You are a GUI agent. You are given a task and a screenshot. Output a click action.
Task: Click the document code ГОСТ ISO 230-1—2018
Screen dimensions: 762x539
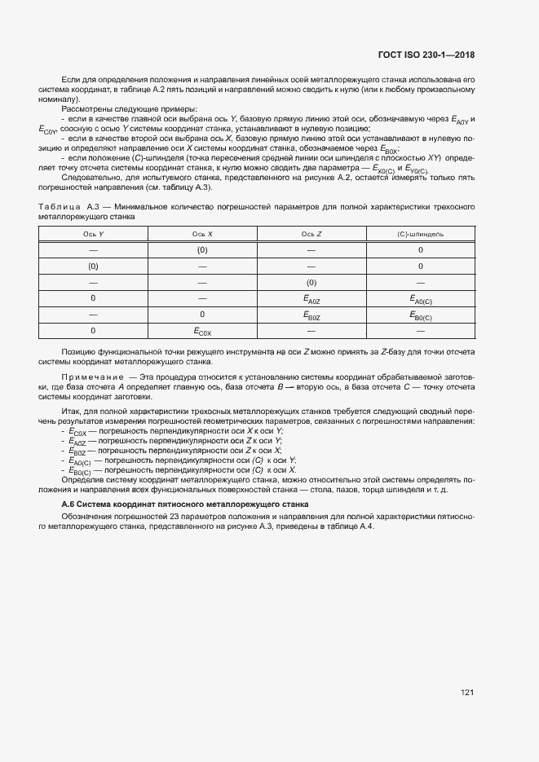point(426,55)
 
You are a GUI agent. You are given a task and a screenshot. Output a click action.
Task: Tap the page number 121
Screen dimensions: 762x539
point(467,693)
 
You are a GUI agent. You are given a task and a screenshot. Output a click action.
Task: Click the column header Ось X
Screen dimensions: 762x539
point(202,234)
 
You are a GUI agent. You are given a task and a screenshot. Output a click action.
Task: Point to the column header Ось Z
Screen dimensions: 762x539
point(311,234)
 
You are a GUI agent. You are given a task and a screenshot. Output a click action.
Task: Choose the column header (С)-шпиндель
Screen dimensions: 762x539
point(420,234)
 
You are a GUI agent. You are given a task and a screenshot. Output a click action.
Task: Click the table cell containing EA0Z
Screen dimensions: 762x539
point(311,299)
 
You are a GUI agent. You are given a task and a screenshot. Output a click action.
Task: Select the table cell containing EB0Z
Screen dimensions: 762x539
point(311,315)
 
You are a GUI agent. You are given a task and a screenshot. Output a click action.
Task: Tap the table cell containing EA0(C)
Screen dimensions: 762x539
point(420,299)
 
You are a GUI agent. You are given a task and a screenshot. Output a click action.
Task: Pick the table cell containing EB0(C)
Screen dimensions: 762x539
point(420,315)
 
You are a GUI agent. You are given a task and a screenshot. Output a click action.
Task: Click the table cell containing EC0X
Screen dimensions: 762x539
point(202,332)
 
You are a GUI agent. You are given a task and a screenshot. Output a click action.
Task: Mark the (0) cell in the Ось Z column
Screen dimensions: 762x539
point(311,282)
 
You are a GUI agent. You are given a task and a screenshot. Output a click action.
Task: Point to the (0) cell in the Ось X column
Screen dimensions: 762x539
point(202,249)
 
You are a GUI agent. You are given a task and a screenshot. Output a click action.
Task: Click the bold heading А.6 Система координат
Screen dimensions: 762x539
point(135,505)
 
